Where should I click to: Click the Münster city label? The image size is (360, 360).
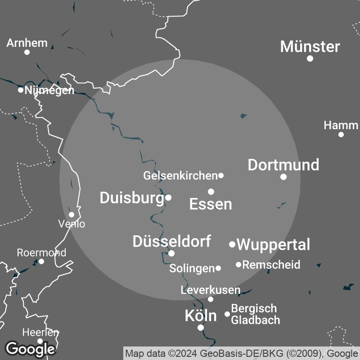310,46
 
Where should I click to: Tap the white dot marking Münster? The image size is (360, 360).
310,58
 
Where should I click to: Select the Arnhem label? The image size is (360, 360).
27,43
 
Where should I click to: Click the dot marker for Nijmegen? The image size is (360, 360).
21,90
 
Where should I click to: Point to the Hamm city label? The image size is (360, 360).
341,125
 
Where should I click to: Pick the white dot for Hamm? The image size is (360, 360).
341,135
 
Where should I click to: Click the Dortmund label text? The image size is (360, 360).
283,165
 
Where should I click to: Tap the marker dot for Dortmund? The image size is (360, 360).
283,177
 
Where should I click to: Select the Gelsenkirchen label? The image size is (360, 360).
180,175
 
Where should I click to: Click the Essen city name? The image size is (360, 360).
211,204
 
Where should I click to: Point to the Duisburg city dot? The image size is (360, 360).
168,197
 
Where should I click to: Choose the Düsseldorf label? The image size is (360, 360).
171,241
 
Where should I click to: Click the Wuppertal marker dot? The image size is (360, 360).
232,244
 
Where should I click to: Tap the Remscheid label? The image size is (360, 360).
271,265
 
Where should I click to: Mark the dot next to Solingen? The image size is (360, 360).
218,268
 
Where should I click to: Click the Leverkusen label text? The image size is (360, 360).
211,290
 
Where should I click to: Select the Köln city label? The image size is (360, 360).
201,316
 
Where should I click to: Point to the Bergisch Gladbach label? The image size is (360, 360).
255,314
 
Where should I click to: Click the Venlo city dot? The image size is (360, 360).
72,215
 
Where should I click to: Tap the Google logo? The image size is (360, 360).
30,348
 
